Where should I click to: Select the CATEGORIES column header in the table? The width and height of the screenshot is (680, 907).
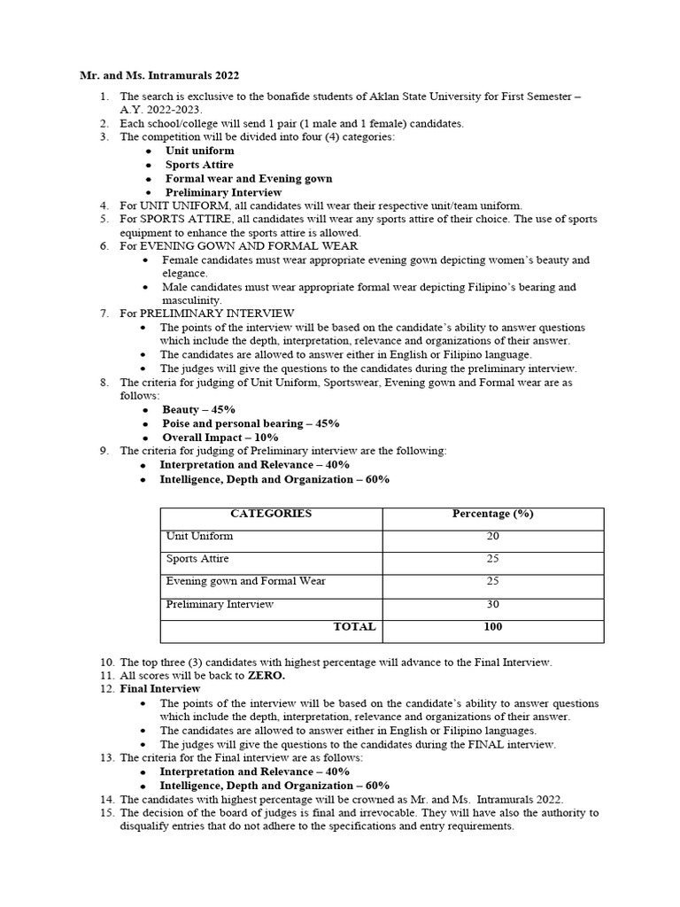click(x=270, y=514)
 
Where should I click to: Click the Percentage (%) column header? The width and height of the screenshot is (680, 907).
click(x=492, y=514)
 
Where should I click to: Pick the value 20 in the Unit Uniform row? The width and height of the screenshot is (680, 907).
click(x=493, y=537)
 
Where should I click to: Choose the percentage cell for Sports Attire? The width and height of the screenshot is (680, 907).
click(x=493, y=559)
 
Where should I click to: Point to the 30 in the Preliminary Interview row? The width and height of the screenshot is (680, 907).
click(x=493, y=604)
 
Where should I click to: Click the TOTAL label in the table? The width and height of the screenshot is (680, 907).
click(x=354, y=626)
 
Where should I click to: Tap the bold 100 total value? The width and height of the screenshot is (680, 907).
click(x=493, y=626)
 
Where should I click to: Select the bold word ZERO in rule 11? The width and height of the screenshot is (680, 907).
click(x=266, y=675)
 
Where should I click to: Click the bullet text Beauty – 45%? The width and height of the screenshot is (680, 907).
click(x=198, y=410)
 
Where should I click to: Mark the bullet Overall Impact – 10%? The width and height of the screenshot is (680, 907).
click(x=220, y=438)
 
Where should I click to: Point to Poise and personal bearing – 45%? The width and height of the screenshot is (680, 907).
click(x=251, y=423)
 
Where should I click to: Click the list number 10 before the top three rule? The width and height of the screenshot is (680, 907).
click(x=106, y=662)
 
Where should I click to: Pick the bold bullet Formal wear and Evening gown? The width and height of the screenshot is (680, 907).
click(x=249, y=178)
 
